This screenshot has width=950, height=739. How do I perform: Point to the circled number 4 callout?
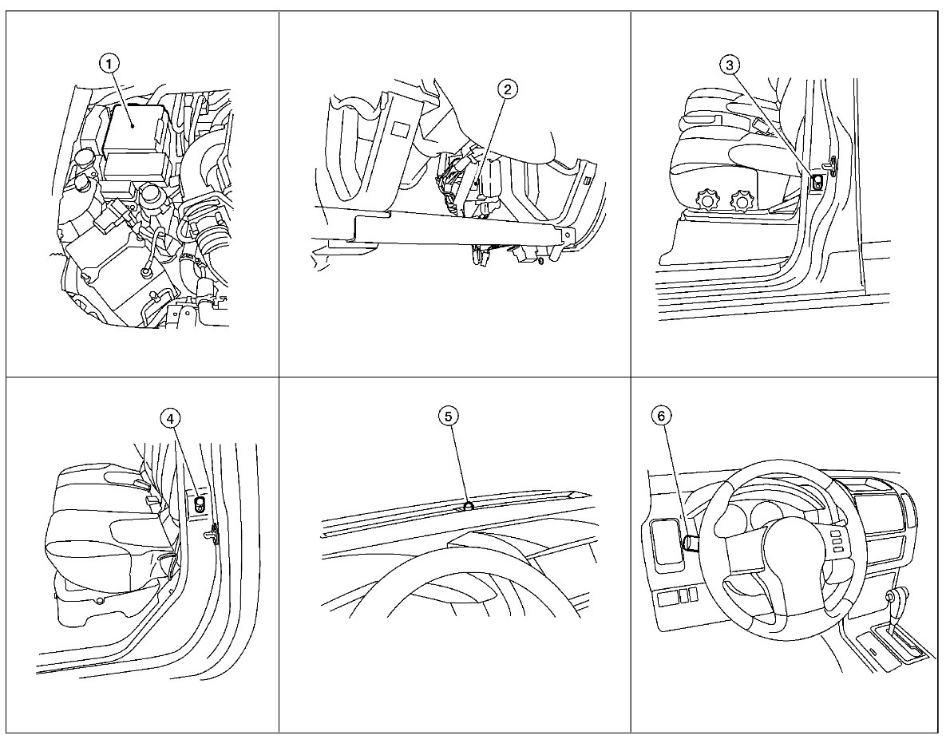click(170, 417)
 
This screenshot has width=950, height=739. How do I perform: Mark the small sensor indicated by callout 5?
click(469, 504)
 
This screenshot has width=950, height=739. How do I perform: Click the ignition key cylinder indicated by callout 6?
click(689, 543)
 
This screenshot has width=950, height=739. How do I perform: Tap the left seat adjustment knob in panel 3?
click(706, 198)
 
